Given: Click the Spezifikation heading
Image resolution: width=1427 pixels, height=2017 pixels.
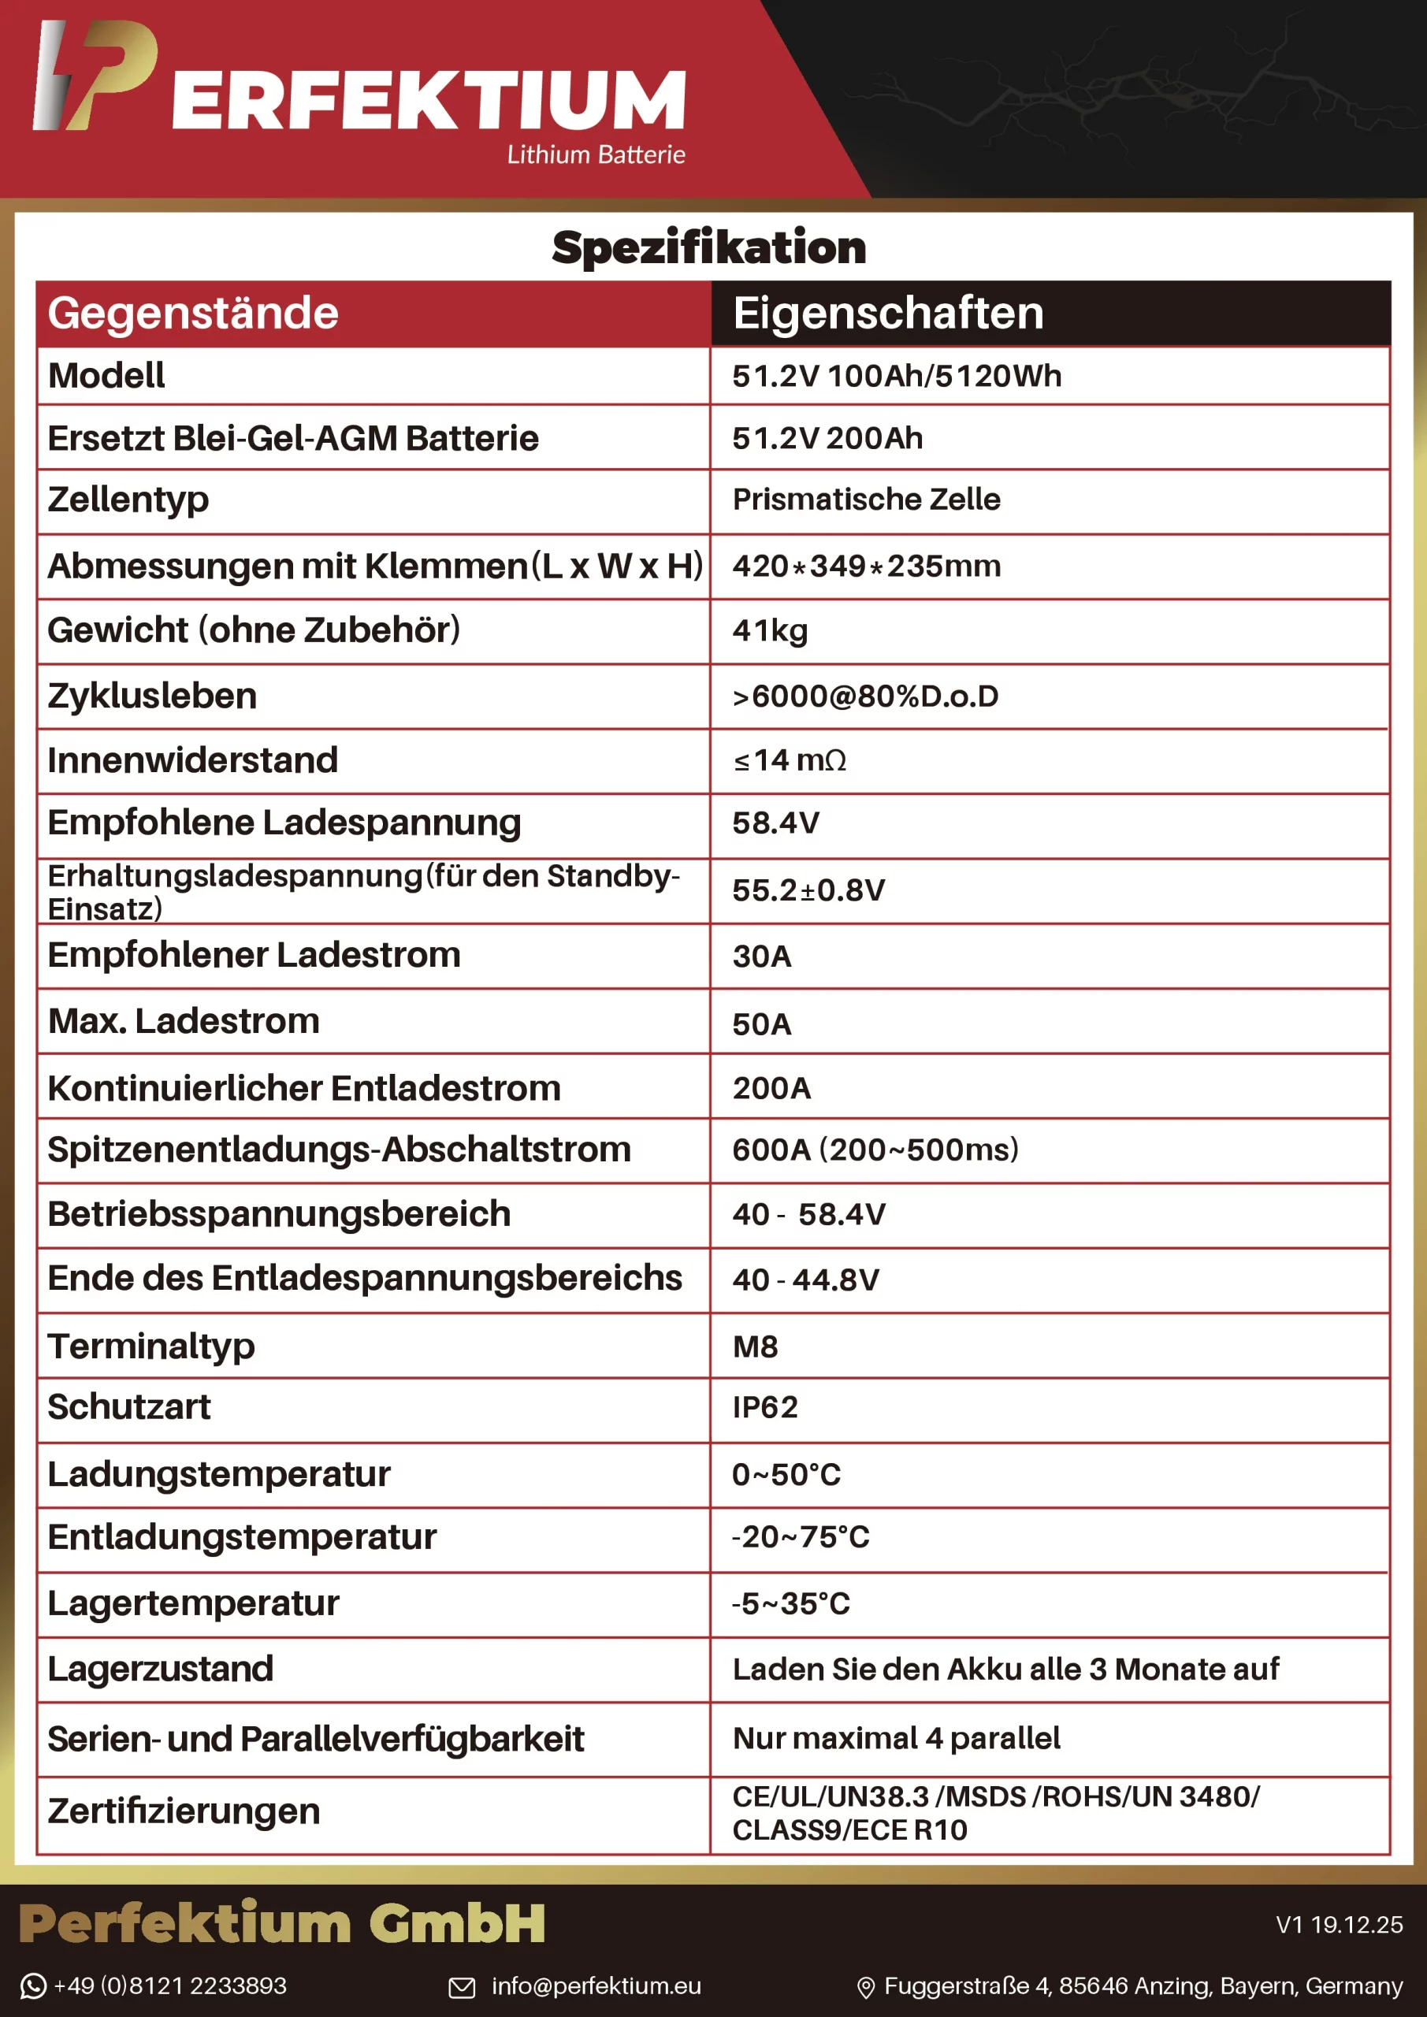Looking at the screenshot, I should pyautogui.click(x=708, y=247).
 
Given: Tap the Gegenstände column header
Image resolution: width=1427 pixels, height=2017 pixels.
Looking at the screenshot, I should pyautogui.click(x=193, y=314).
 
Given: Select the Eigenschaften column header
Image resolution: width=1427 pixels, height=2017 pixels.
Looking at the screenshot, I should pyautogui.click(x=887, y=314).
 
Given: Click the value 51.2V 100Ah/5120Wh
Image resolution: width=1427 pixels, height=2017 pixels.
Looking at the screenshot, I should pyautogui.click(x=896, y=376).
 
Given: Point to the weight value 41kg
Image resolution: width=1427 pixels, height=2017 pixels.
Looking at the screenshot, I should pyautogui.click(x=770, y=631).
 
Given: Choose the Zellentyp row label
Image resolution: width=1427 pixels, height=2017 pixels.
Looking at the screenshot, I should pyautogui.click(x=128, y=500).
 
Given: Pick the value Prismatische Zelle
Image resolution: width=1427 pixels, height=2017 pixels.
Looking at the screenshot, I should pyautogui.click(x=867, y=500).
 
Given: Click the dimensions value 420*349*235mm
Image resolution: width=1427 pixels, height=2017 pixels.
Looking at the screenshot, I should pyautogui.click(x=867, y=566).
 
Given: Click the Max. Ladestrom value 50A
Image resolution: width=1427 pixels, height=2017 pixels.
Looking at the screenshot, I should pyautogui.click(x=762, y=1024).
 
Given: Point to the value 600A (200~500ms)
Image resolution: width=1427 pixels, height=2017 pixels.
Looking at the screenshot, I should pyautogui.click(x=875, y=1150).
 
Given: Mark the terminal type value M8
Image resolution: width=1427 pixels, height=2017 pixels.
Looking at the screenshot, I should pyautogui.click(x=755, y=1347).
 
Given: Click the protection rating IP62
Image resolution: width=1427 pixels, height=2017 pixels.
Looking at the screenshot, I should pyautogui.click(x=764, y=1407).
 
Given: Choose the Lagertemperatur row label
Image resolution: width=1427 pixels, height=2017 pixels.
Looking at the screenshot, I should pyautogui.click(x=193, y=1604).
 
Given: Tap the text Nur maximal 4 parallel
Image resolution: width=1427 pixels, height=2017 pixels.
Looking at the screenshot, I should pyautogui.click(x=896, y=1739).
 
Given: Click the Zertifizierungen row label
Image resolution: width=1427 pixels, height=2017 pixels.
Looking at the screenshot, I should pyautogui.click(x=184, y=1811).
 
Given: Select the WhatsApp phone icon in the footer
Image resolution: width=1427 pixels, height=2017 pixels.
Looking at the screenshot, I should pyautogui.click(x=32, y=1986).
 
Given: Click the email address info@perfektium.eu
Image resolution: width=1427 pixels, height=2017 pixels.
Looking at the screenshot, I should pyautogui.click(x=596, y=1986).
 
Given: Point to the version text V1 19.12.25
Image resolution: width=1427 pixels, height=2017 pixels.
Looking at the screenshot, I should pyautogui.click(x=1338, y=1925).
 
